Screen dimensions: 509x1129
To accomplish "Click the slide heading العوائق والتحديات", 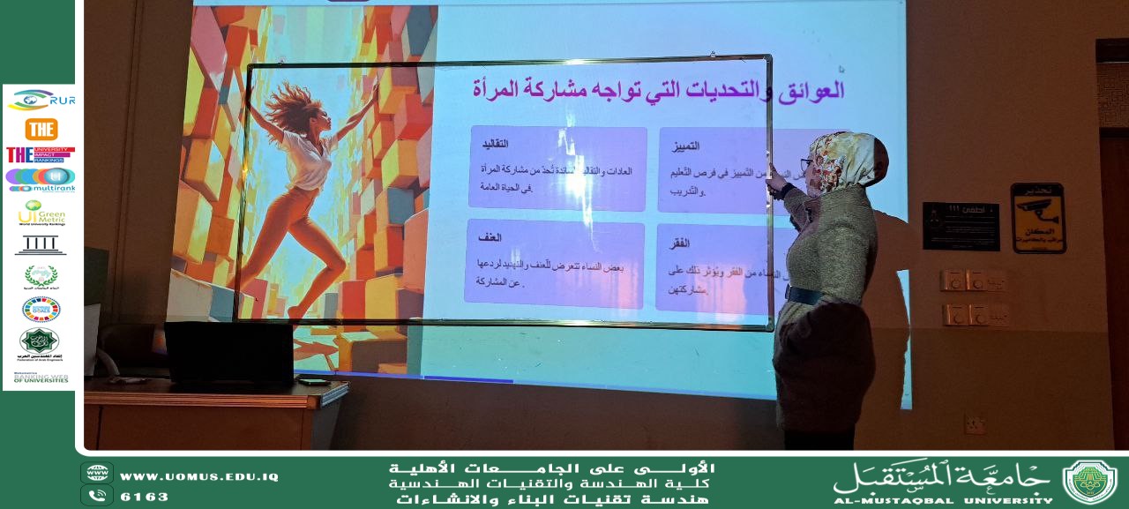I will point(657,89).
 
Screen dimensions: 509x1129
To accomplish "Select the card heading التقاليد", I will point(494,143).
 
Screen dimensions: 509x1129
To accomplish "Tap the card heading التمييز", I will point(685,145).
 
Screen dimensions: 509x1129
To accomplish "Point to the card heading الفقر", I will point(677,243).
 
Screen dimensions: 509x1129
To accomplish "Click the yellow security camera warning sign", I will point(1038,218).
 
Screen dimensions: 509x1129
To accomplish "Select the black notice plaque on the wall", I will point(961,226).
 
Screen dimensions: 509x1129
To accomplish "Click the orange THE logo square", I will point(41,129).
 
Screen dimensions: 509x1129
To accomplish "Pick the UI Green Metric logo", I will point(41,213).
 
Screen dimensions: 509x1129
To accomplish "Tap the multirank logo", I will point(40,179).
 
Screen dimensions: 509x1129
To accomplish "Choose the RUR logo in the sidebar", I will point(41,99).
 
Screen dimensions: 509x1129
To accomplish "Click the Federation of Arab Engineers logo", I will point(40,343).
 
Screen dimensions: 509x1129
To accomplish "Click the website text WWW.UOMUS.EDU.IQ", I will point(198,476).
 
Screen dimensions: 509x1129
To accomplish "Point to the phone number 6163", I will point(144,497).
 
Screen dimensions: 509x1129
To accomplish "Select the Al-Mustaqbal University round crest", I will point(1089,482).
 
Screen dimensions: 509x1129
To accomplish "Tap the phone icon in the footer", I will point(97,496).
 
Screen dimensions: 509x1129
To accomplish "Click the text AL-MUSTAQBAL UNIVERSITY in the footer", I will point(942,500).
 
